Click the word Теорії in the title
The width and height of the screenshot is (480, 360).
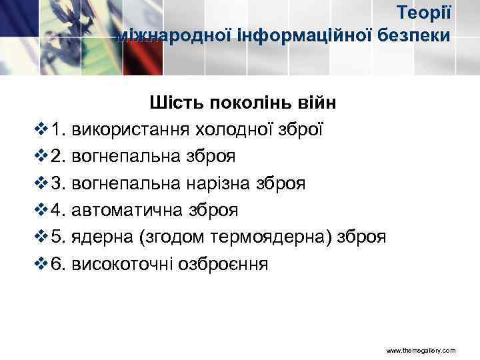coord(425,12)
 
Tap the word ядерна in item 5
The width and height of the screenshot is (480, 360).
coord(97,237)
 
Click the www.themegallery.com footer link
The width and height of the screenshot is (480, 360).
coord(421,350)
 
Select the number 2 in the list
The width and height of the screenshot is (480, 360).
coord(56,156)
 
